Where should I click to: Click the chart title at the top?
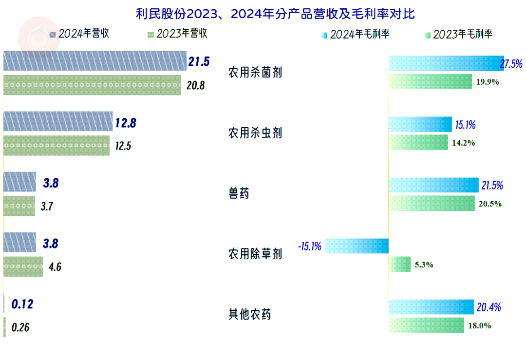pyautogui.click(x=275, y=13)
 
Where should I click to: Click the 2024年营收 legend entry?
pyautogui.click(x=79, y=34)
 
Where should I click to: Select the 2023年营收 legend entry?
pyautogui.click(x=177, y=34)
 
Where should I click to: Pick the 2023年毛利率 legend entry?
pyautogui.click(x=457, y=34)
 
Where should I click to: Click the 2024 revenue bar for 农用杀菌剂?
pyautogui.click(x=95, y=61)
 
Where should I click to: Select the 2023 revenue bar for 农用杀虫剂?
pyautogui.click(x=56, y=146)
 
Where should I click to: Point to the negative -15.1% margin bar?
pyautogui.click(x=357, y=246)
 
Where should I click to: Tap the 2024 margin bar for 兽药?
pyautogui.click(x=433, y=185)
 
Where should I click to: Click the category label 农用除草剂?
pyautogui.click(x=255, y=254)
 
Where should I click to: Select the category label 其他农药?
pyautogui.click(x=249, y=314)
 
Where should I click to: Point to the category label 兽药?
pyautogui.click(x=239, y=193)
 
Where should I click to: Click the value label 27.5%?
pyautogui.click(x=511, y=64)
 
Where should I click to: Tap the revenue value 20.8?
pyautogui.click(x=195, y=86)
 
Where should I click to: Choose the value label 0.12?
pyautogui.click(x=22, y=304)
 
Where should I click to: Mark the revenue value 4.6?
pyautogui.click(x=55, y=267)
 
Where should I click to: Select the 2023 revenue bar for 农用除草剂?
pyautogui.click(x=23, y=266)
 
